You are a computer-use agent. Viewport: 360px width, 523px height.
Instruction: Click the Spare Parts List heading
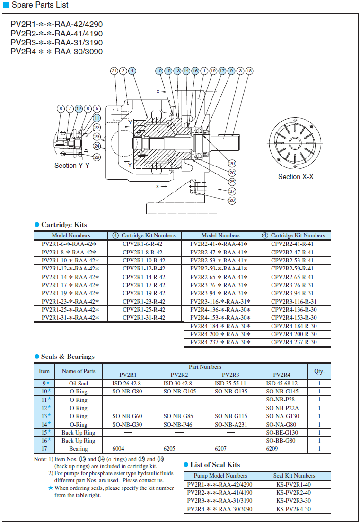[40, 5]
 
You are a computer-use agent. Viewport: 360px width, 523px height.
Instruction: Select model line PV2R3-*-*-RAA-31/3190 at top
[56, 43]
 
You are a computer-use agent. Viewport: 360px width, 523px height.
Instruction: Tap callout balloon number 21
[114, 71]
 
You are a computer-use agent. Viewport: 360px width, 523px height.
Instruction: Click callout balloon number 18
[249, 71]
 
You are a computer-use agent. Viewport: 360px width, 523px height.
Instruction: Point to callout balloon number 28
[232, 200]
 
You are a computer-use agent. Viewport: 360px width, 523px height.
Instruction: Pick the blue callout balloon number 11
[97, 118]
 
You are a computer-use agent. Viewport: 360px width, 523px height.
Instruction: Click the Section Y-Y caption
[72, 166]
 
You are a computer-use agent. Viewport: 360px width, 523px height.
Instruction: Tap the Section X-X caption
[296, 177]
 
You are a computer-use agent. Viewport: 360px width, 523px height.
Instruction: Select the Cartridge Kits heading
[64, 225]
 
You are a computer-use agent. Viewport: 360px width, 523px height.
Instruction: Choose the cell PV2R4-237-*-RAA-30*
[220, 342]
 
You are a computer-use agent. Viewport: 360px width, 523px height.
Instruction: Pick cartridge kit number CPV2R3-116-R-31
[294, 301]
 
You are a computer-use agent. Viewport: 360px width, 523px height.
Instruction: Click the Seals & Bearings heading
[68, 357]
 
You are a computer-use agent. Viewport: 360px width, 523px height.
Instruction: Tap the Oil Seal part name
[79, 384]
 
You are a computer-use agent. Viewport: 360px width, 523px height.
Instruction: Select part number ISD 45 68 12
[282, 384]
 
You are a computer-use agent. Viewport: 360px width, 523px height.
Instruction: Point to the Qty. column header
[319, 371]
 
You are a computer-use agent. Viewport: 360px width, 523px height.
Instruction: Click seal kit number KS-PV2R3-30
[294, 501]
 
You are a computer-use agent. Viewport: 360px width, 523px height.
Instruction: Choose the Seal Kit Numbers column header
[294, 476]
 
